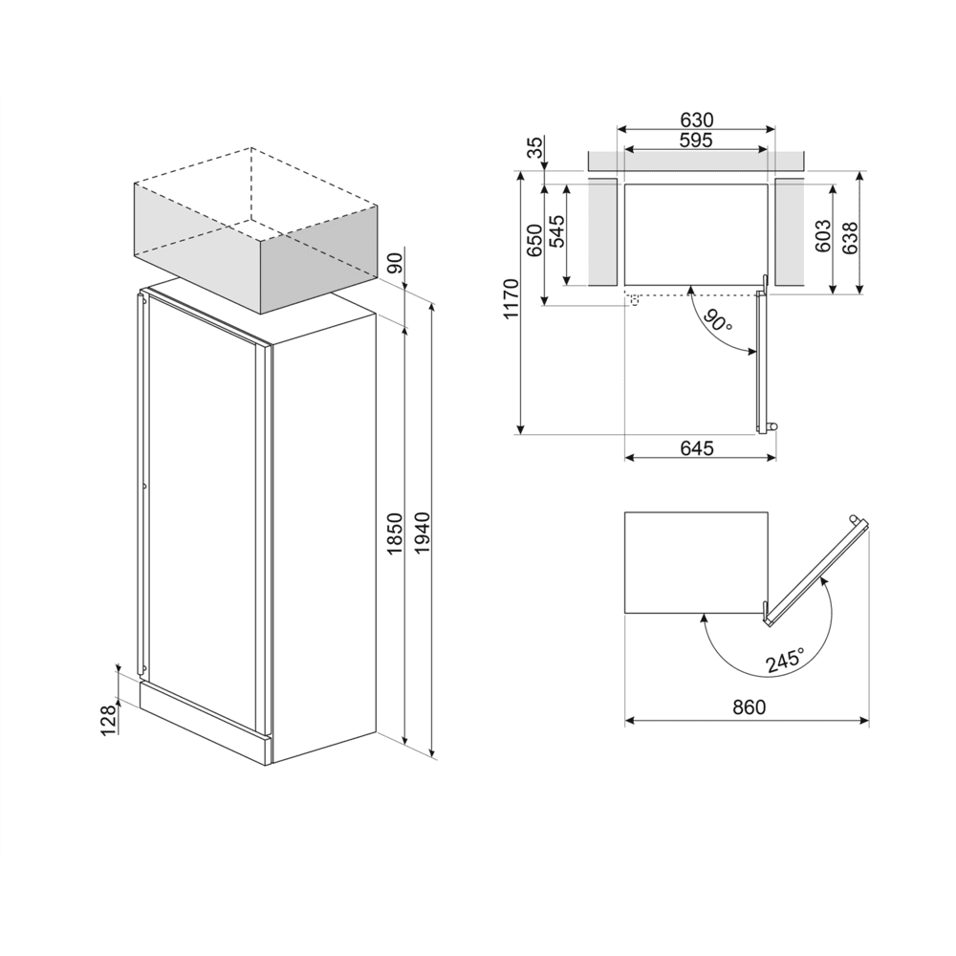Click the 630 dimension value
[x=697, y=120]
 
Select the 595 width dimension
[x=697, y=141]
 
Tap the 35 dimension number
[x=535, y=147]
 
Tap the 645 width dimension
[x=697, y=448]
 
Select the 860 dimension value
[x=750, y=708]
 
